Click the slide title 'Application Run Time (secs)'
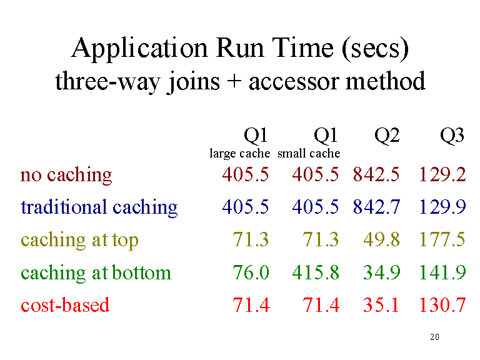240,48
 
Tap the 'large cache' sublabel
240,153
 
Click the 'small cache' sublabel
309,153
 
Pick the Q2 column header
387,136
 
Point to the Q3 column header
452,136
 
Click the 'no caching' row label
66,176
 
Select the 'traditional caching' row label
99,207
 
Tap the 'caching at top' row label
79,240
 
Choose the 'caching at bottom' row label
96,272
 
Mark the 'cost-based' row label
65,305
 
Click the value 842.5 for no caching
376,174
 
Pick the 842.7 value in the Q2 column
376,207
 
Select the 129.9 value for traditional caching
442,207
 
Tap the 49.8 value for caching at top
381,239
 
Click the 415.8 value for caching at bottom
316,272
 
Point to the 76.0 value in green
251,272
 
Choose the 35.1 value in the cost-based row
381,305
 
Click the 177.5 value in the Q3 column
442,239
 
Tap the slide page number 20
435,337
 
